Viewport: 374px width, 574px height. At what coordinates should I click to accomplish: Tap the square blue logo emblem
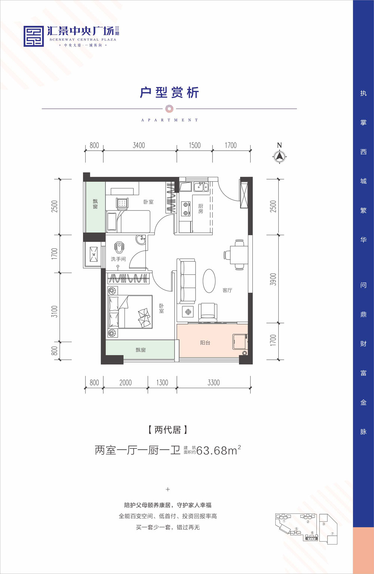[x=34, y=36]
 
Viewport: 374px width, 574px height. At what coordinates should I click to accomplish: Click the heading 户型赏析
[x=169, y=92]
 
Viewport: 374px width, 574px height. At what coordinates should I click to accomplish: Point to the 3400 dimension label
[x=139, y=145]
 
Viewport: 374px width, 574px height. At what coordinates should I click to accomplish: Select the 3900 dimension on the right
[x=273, y=279]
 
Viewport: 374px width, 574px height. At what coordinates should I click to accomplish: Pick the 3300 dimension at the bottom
[x=214, y=383]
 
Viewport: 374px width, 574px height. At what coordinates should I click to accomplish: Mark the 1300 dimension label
[x=162, y=383]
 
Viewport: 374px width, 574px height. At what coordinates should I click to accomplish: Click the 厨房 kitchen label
[x=200, y=209]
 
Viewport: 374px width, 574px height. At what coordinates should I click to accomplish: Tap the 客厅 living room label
[x=227, y=290]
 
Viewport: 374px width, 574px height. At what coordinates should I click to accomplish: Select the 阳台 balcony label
[x=205, y=343]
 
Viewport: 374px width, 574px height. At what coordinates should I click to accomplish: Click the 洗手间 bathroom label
[x=118, y=259]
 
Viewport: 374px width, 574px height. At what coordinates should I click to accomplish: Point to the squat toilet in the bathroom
[x=119, y=247]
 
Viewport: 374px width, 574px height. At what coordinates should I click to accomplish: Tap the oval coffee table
[x=209, y=281]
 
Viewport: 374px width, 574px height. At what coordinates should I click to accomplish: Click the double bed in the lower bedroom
[x=130, y=312]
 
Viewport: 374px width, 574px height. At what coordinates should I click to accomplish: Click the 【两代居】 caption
[x=168, y=430]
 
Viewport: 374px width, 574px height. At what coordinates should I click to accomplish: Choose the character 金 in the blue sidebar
[x=363, y=402]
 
